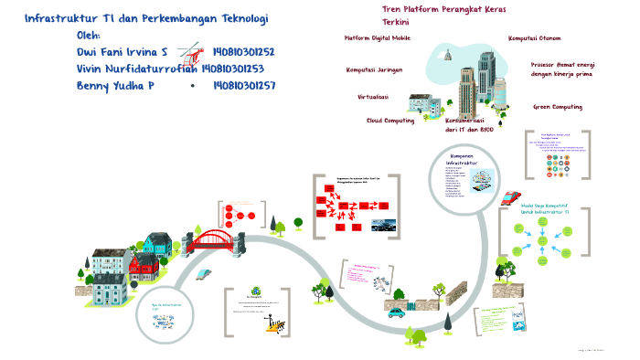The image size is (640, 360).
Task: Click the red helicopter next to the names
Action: point(191,54)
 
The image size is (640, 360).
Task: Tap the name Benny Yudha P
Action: point(116,86)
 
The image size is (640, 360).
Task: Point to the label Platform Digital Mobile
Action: point(377,39)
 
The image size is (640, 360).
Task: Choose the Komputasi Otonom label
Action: point(534,38)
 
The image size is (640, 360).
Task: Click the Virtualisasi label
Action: point(372,96)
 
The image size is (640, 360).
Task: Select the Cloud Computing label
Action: point(390,120)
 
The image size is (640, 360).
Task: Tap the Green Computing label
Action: point(558,107)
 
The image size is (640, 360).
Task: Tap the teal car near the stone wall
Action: point(396,312)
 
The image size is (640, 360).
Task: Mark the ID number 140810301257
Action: point(243,86)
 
